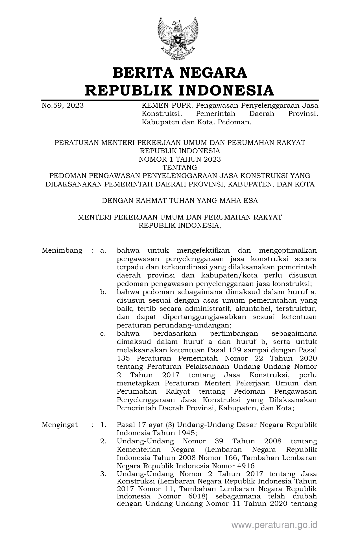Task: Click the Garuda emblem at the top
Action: click(x=178, y=38)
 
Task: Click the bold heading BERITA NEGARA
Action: click(x=180, y=73)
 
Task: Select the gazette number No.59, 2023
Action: click(x=62, y=106)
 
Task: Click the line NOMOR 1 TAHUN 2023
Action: click(x=180, y=159)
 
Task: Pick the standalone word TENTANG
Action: click(x=180, y=168)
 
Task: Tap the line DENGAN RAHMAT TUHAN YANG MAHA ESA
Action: click(x=180, y=201)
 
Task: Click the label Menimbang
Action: click(x=62, y=251)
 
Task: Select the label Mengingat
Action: click(x=60, y=425)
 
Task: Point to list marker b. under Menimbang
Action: click(x=103, y=292)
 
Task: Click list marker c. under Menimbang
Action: click(x=103, y=333)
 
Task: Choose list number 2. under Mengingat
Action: click(x=103, y=441)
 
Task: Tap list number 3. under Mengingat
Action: click(x=103, y=474)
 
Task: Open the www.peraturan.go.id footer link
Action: click(x=274, y=525)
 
